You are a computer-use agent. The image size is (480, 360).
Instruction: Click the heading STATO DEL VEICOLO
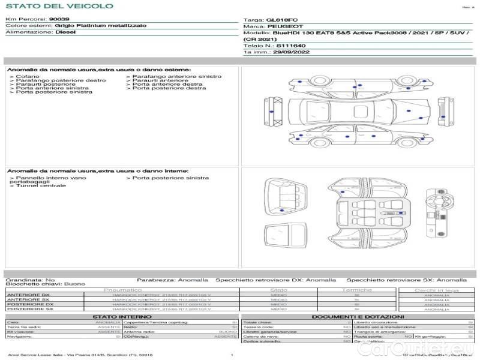point(59,6)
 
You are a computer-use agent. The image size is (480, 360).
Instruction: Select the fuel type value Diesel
point(65,32)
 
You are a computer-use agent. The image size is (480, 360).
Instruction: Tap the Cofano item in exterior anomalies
point(28,77)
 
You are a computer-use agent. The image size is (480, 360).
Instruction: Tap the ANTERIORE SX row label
point(28,299)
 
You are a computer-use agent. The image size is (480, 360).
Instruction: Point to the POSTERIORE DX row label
point(30,304)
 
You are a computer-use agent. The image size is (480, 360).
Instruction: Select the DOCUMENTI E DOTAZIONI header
point(358,317)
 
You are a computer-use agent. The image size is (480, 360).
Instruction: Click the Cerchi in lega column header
point(436,290)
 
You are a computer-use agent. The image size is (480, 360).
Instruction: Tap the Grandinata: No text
point(30,280)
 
